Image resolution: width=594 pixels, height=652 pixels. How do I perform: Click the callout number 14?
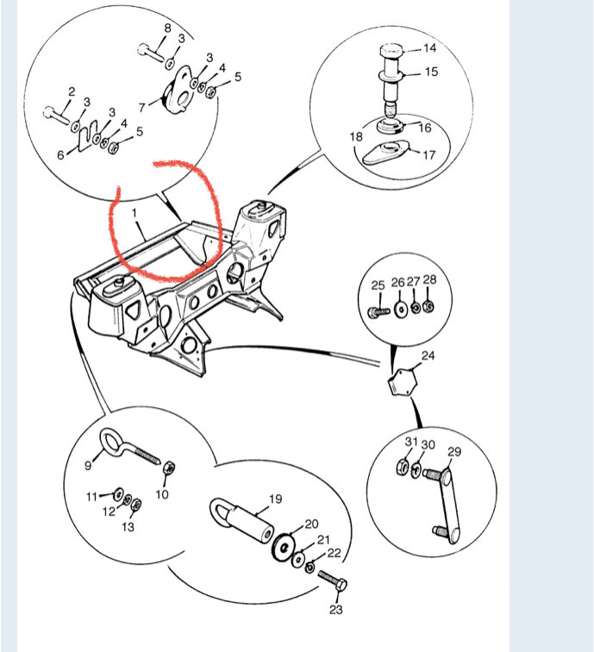coord(430,48)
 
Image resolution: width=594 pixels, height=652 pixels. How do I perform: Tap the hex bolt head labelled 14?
coord(391,53)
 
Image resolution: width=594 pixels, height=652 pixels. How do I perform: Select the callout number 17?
coord(429,155)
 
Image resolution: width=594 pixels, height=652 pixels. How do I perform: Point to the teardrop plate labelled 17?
coord(386,152)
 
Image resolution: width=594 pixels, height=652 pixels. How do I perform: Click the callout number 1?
coord(134,213)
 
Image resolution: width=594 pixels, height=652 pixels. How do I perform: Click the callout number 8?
coord(167,28)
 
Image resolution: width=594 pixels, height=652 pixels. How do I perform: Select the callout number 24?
coord(428,355)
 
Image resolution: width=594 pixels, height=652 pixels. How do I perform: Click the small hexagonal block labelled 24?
coord(402,381)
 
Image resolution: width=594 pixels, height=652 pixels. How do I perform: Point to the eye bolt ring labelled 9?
coord(112,442)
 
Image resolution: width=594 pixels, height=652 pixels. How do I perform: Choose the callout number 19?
coord(276,498)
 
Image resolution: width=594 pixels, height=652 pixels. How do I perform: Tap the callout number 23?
coord(336,610)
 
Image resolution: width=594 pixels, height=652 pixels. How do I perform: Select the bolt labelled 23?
coord(333,581)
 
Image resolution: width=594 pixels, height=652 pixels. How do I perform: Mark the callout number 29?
coord(454,452)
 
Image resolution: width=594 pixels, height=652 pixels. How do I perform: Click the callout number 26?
coord(397,283)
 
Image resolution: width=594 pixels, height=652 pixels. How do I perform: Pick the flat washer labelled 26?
coord(401,310)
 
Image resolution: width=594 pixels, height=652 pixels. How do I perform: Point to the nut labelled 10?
coord(169,467)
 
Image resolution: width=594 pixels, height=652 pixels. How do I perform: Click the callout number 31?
coord(411,442)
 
